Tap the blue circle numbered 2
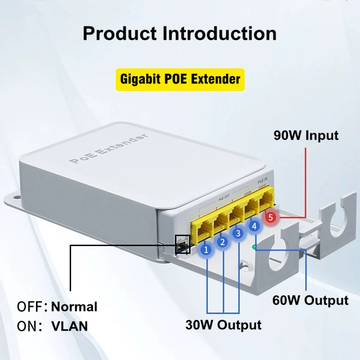(222, 242)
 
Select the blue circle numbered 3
(238, 234)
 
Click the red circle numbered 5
(270, 217)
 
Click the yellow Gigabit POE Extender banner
(180, 80)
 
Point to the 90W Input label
(306, 135)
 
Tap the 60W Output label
(310, 300)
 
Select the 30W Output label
(223, 324)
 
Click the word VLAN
(70, 326)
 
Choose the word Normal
(74, 307)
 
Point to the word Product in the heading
(119, 34)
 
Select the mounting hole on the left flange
(13, 198)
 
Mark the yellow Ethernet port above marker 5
(268, 201)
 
